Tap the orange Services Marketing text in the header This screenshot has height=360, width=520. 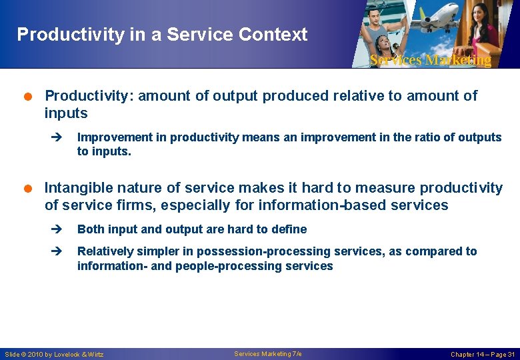click(x=430, y=60)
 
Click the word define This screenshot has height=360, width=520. click(x=289, y=229)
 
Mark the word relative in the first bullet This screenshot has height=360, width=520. click(x=359, y=96)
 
